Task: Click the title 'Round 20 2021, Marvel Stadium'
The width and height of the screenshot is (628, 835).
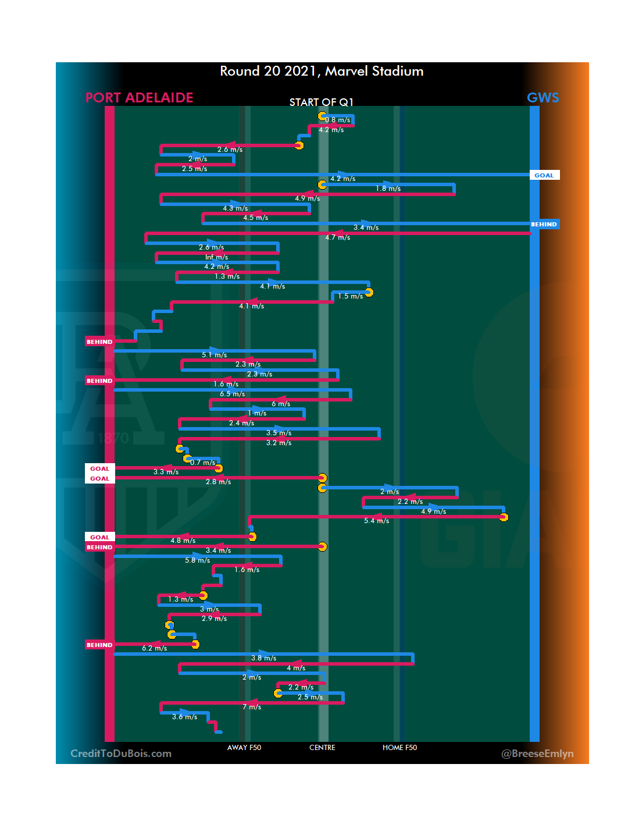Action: click(x=322, y=71)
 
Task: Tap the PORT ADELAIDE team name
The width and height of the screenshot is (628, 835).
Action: click(x=139, y=98)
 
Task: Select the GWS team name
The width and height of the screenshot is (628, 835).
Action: click(x=543, y=98)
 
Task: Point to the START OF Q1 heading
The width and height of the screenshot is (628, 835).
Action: click(x=322, y=102)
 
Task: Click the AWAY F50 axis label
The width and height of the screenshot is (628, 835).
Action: click(x=244, y=748)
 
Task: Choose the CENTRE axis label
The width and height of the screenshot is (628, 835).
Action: click(x=322, y=748)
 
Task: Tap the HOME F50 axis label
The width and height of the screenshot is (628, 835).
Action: click(x=399, y=748)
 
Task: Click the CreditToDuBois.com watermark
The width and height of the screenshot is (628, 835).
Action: click(x=121, y=754)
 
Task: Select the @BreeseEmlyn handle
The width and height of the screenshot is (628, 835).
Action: click(x=537, y=754)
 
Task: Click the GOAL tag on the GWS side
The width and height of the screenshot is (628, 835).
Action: click(x=544, y=175)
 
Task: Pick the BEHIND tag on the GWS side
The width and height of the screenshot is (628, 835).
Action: click(x=544, y=224)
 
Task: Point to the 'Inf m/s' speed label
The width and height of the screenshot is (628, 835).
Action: click(x=216, y=257)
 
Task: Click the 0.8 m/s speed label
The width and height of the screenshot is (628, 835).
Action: click(x=338, y=120)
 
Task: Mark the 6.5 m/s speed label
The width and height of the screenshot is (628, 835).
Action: click(x=232, y=394)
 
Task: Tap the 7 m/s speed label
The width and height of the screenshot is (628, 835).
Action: click(x=252, y=707)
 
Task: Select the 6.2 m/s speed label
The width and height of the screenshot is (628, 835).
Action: click(x=154, y=648)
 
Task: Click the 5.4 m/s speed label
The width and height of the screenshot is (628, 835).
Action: click(x=376, y=521)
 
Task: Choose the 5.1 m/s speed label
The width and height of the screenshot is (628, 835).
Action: click(x=214, y=355)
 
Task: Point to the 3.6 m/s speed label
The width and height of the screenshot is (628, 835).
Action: click(x=184, y=717)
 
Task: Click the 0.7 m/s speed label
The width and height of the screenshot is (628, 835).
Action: click(x=202, y=463)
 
